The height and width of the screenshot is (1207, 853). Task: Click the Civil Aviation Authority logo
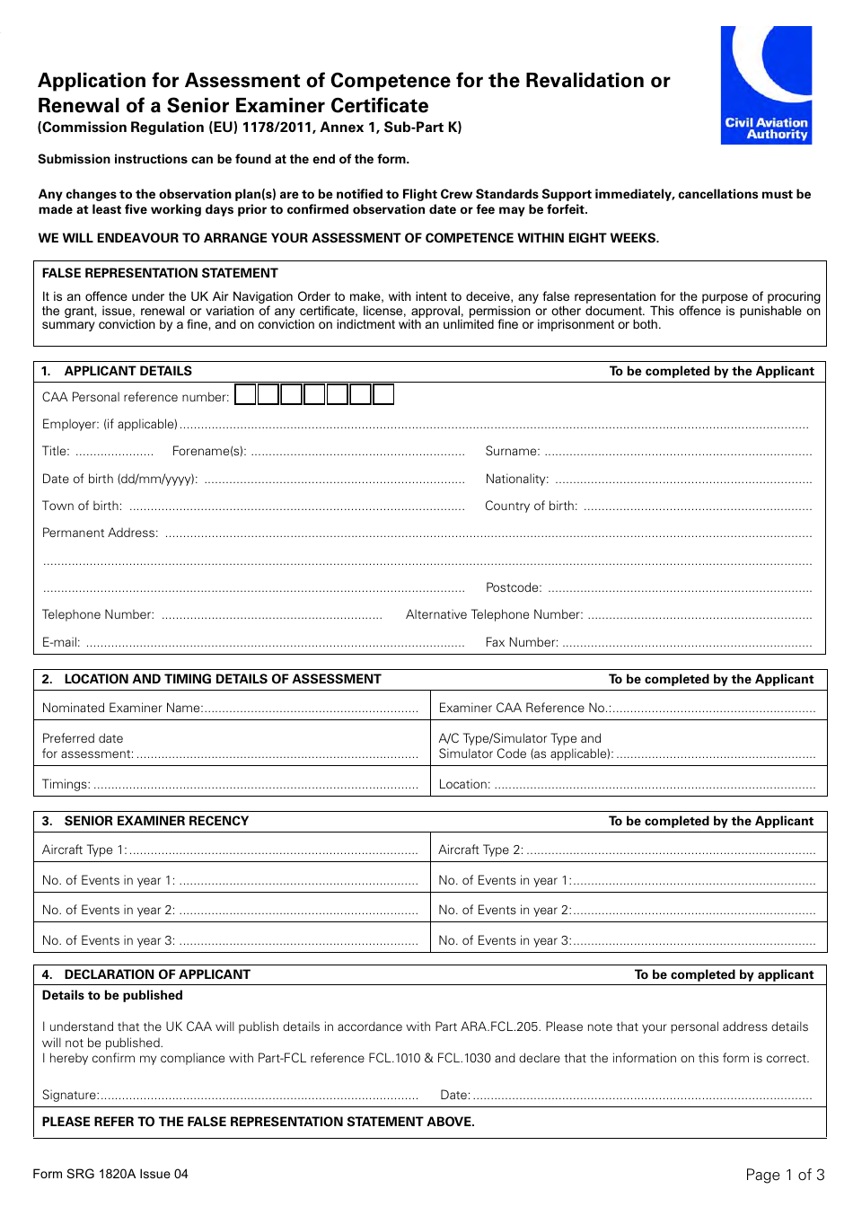[x=766, y=85]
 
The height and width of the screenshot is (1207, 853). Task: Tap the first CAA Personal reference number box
[x=245, y=394]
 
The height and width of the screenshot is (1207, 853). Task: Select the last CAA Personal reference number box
[x=383, y=394]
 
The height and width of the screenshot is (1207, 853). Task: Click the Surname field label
[x=513, y=452]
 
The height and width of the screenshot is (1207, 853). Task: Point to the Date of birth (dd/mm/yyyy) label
[x=119, y=480]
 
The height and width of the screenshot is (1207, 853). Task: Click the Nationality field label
[x=516, y=480]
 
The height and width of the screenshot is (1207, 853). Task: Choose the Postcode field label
[x=514, y=588]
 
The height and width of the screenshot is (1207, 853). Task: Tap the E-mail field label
[x=61, y=643]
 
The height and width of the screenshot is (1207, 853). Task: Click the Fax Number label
[x=522, y=643]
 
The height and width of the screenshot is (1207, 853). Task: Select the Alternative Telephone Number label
[x=494, y=615]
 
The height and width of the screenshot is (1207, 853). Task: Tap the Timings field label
[x=66, y=785]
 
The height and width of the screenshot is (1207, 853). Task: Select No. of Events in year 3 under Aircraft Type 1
[x=108, y=941]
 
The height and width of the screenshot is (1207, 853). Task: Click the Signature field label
[x=70, y=1096]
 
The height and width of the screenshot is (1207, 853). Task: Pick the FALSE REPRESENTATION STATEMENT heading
[x=160, y=274]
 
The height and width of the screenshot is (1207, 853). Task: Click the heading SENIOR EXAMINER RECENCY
[x=156, y=822]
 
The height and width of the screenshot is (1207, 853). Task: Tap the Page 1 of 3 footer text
[x=784, y=1175]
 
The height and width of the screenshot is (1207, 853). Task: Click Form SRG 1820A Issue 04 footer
[x=110, y=1175]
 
